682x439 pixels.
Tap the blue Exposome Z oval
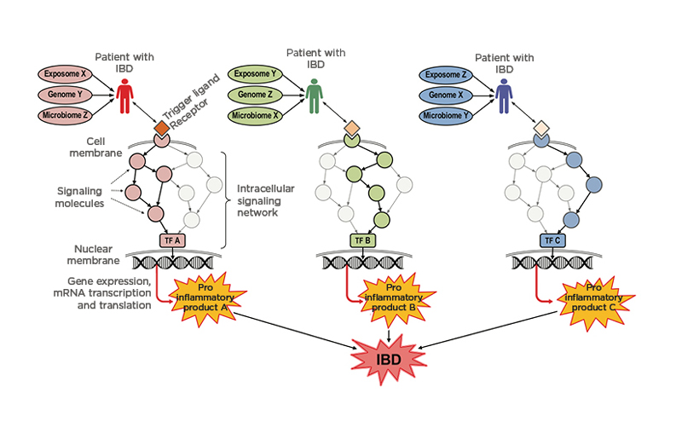445,75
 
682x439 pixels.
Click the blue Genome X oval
445,95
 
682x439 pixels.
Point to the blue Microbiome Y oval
445,116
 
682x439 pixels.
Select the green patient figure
315,95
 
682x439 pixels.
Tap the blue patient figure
504,95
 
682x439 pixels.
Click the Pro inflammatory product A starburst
205,297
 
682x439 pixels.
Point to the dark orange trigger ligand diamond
161,129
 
